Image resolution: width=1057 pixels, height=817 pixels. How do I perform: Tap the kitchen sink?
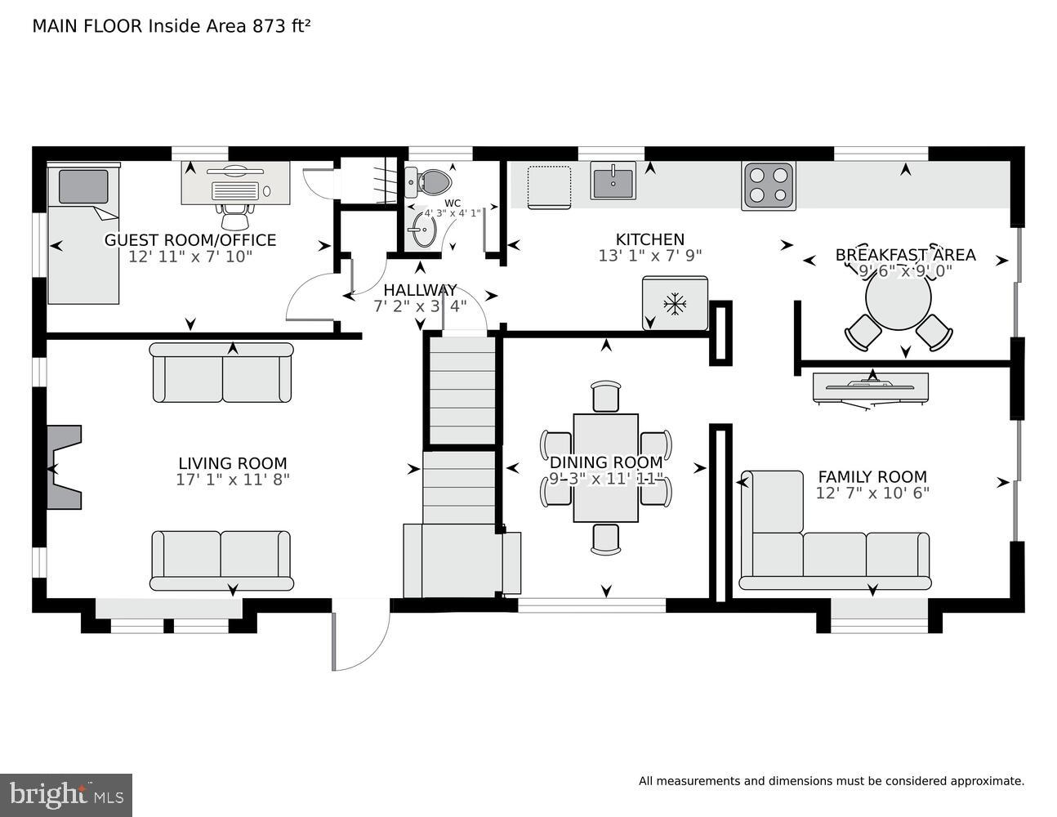pyautogui.click(x=613, y=181)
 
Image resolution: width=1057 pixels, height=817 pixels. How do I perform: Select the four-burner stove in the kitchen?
pyautogui.click(x=768, y=185)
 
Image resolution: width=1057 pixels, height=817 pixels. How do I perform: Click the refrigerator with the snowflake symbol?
pyautogui.click(x=675, y=303)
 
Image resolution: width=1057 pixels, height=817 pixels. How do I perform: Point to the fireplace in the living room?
pyautogui.click(x=63, y=467)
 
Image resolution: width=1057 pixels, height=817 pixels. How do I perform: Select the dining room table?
pyautogui.click(x=605, y=467)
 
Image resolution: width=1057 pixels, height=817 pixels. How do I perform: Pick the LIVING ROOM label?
pyautogui.click(x=233, y=464)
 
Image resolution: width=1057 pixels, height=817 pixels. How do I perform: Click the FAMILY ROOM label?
pyautogui.click(x=872, y=477)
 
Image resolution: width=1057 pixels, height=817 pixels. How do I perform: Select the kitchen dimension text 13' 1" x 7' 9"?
pyautogui.click(x=650, y=255)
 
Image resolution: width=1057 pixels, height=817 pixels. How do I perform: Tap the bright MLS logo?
pyautogui.click(x=66, y=795)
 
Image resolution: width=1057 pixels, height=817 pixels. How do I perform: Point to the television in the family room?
pyautogui.click(x=871, y=388)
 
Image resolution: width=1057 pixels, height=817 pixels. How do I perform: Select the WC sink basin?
pyautogui.click(x=423, y=231)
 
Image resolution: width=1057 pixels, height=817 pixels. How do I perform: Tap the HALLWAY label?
pyautogui.click(x=420, y=290)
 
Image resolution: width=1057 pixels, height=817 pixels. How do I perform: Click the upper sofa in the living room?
pyautogui.click(x=221, y=373)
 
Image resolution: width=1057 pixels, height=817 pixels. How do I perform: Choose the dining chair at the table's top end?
pyautogui.click(x=605, y=396)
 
